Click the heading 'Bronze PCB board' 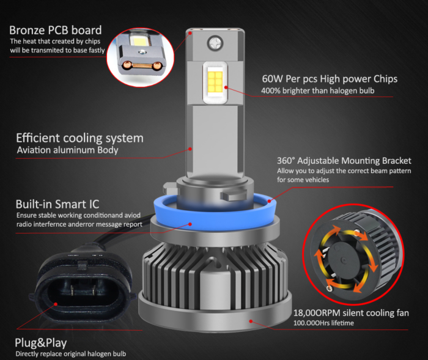(x=56, y=30)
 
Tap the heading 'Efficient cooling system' (x=79, y=138)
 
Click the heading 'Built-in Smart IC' (x=57, y=204)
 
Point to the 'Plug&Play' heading (x=41, y=342)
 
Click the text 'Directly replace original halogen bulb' (x=72, y=354)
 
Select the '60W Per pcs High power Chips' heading (x=330, y=79)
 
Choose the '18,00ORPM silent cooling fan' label (x=351, y=313)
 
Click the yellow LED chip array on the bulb (x=215, y=84)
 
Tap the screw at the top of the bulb (x=215, y=43)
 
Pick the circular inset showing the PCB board (x=141, y=55)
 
